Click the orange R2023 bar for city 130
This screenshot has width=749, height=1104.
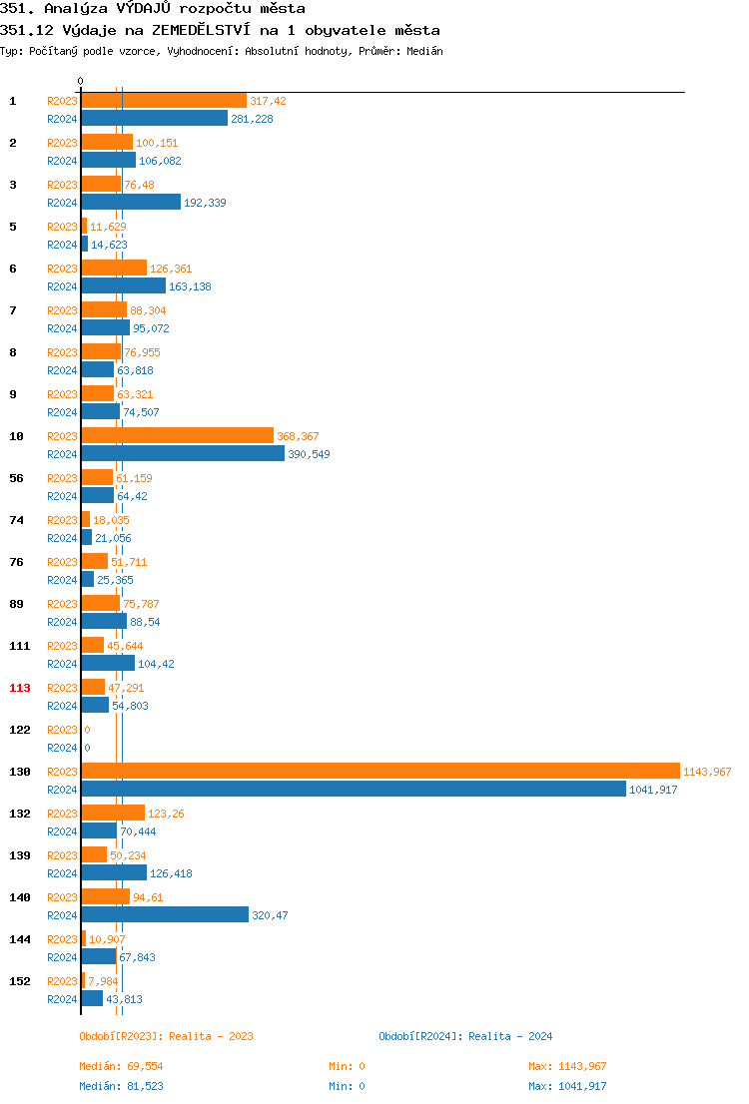tap(379, 771)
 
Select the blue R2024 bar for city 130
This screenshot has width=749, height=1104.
tap(354, 789)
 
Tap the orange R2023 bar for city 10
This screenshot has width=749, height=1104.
tap(177, 435)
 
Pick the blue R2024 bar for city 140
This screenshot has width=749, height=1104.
tap(165, 914)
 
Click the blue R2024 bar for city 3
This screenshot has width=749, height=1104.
tap(131, 202)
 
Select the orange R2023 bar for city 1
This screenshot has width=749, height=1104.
tap(164, 100)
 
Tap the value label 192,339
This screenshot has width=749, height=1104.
tap(205, 203)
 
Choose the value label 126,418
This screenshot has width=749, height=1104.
tap(171, 873)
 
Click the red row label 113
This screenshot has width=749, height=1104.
tap(20, 688)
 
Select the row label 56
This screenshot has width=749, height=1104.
tap(17, 478)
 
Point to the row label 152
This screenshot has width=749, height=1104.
tap(20, 981)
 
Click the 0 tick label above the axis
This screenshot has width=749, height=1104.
tap(81, 81)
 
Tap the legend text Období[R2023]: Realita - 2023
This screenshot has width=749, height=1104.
tap(166, 1036)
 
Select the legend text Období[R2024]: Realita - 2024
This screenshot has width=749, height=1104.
tap(465, 1036)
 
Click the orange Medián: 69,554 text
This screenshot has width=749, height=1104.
tap(121, 1066)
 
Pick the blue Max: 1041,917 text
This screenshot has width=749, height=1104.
tap(567, 1086)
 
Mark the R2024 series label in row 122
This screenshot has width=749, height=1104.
tap(62, 748)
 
